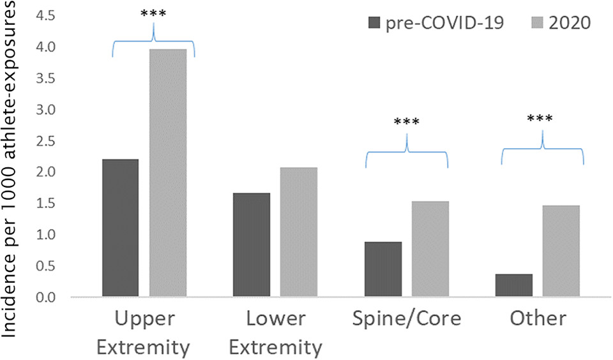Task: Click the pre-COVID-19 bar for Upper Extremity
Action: [120, 229]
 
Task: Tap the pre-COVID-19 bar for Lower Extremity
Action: [252, 245]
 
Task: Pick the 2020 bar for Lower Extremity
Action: [299, 232]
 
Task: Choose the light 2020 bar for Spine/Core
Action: [430, 250]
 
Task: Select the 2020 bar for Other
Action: [561, 251]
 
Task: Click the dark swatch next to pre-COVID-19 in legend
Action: [374, 24]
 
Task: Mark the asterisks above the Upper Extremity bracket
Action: [153, 14]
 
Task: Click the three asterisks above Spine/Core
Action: [406, 123]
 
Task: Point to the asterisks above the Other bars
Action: [542, 119]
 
